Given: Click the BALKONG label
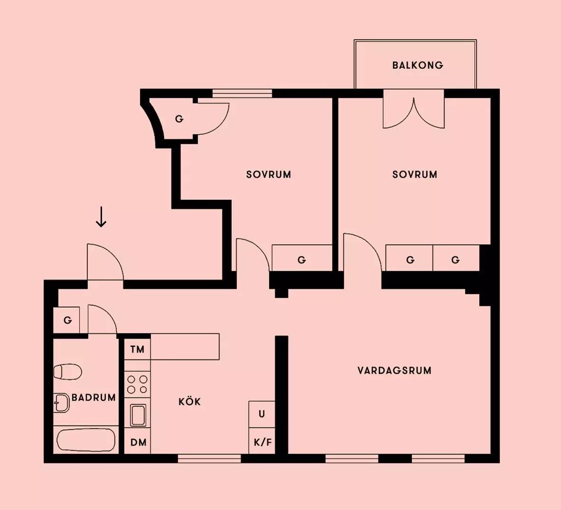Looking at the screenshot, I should pos(418,65).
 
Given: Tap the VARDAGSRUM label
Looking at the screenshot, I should pos(394,370).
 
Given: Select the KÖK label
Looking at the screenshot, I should pos(189,402).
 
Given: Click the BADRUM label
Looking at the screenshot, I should pos(93,397).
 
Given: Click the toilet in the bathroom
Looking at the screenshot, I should pos(67,371).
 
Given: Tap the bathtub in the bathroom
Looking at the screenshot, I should pos(85,440).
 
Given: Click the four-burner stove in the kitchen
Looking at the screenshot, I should pos(137,384).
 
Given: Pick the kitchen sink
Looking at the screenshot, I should pos(138,416).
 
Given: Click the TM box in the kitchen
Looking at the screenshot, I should pos(137,349).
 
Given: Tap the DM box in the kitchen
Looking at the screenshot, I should pos(138,443).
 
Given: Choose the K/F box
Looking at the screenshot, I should pos(262,443).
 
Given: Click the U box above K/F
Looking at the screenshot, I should pos(262,414).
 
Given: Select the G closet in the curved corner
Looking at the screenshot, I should pos(179,119).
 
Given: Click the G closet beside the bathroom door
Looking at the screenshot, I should pos(67,321).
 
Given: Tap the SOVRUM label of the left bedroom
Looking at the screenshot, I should pos(268,174).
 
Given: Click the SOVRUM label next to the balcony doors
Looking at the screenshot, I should pos(414,174).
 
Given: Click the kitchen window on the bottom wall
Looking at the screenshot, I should pos(209,458).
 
